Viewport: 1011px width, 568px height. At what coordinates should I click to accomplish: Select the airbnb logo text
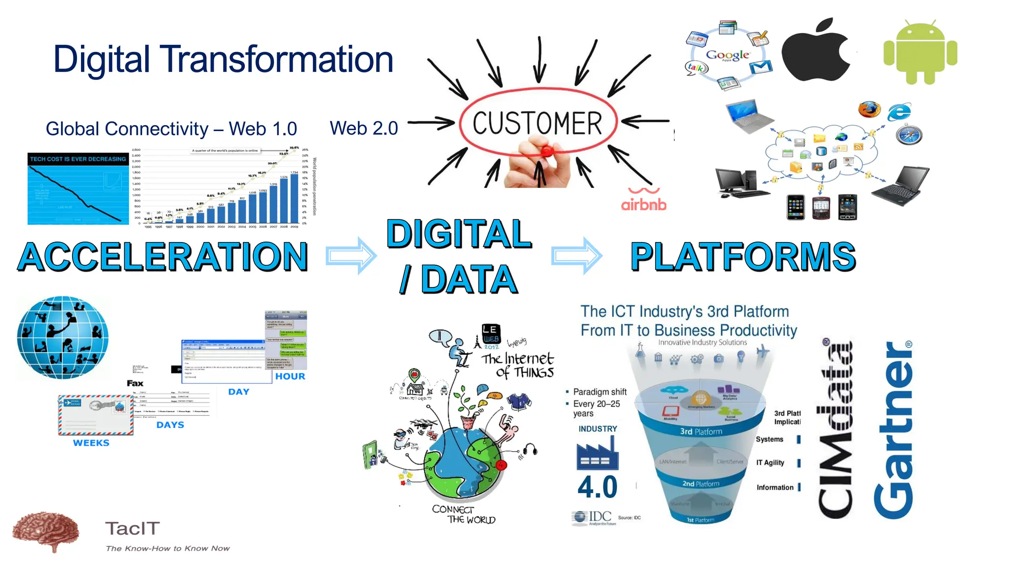point(644,204)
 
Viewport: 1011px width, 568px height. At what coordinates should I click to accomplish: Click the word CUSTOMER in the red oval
point(537,123)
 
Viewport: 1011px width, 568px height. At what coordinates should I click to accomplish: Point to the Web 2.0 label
point(364,129)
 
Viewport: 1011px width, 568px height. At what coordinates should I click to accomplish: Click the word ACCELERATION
point(163,257)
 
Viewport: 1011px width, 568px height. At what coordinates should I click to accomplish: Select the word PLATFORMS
point(743,257)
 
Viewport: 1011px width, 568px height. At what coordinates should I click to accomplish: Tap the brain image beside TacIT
point(45,532)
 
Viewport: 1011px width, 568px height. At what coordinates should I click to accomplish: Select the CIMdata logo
point(835,429)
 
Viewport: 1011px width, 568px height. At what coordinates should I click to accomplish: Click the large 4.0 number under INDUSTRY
point(597,487)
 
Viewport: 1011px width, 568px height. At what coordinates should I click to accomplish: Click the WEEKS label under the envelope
point(91,443)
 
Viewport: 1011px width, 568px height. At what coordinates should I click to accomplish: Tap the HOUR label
point(290,377)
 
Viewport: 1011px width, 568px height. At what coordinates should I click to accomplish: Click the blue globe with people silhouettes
point(63,338)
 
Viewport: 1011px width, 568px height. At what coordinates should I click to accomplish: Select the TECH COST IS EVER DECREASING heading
point(78,159)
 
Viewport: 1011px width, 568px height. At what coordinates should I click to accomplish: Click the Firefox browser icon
point(869,109)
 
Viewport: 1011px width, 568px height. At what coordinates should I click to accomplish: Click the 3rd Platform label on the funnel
point(701,432)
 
